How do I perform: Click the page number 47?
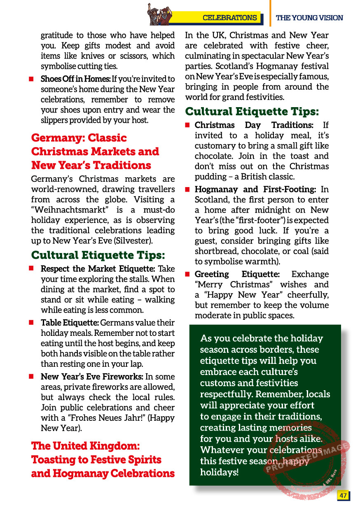pyautogui.click(x=343, y=495)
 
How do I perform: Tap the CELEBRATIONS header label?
pyautogui.click(x=229, y=18)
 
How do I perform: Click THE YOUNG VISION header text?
pyautogui.click(x=309, y=18)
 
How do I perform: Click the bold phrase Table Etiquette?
pyautogui.click(x=70, y=323)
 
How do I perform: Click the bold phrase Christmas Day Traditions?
pyautogui.click(x=254, y=125)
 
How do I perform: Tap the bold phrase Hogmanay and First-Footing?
pyautogui.click(x=255, y=190)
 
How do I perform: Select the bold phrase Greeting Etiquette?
pyautogui.click(x=237, y=274)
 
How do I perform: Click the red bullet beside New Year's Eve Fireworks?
pyautogui.click(x=31, y=377)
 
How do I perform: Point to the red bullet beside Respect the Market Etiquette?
pyautogui.click(x=31, y=269)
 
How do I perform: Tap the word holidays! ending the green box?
pyautogui.click(x=219, y=472)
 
